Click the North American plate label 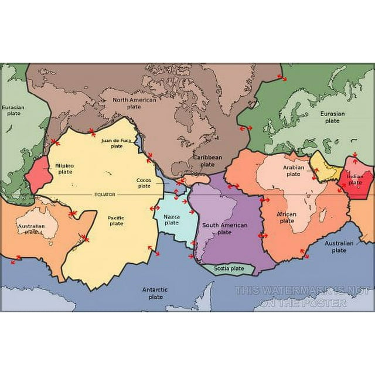(x=134, y=104)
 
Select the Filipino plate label (x=64, y=169)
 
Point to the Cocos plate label (x=144, y=183)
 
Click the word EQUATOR (x=105, y=194)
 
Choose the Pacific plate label (x=116, y=220)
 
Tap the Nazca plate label (x=171, y=219)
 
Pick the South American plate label (x=224, y=229)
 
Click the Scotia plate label (x=229, y=268)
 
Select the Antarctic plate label (x=155, y=293)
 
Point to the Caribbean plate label (x=208, y=161)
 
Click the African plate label (x=287, y=217)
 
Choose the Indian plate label (x=355, y=179)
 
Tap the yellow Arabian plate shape (x=324, y=166)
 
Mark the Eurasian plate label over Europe (x=332, y=117)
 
